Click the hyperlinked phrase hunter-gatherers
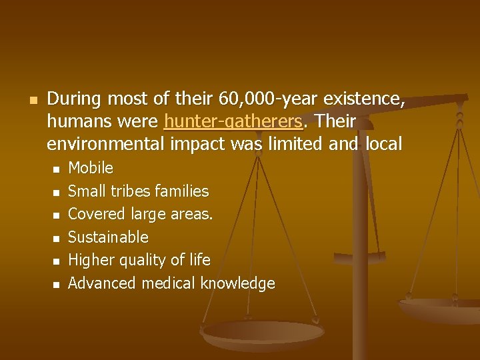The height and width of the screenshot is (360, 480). pos(232,122)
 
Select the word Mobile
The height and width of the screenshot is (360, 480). pos(91,168)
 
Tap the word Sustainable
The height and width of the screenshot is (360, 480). pos(108,237)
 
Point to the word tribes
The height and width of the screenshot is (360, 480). pos(127,191)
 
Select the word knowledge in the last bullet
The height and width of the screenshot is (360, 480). pos(238,283)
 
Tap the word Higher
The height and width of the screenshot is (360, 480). pos(91,260)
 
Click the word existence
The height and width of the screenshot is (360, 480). pos(363,99)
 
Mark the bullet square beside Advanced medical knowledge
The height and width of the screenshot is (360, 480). pos(56,285)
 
